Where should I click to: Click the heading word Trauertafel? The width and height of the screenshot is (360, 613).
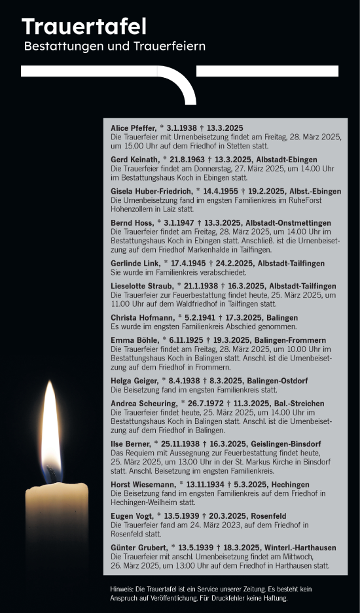point(84,26)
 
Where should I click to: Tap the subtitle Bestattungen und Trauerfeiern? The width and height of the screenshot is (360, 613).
point(115,47)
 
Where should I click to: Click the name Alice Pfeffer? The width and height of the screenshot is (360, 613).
point(133,128)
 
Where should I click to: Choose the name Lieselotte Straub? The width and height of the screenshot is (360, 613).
point(142,286)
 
